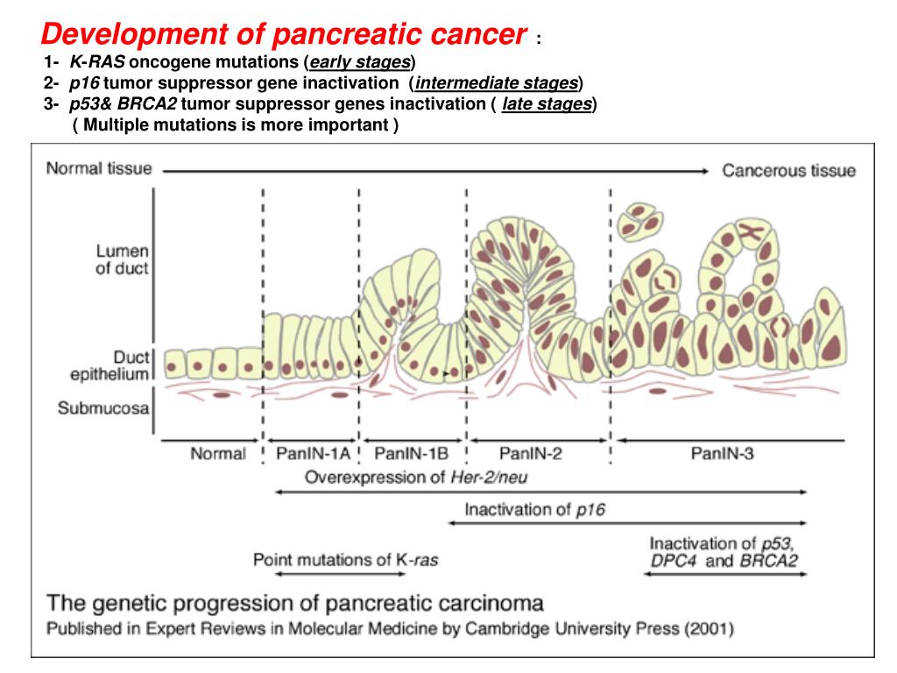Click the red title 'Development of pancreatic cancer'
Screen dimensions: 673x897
[x=285, y=34]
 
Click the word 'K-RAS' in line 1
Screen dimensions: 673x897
[x=97, y=63]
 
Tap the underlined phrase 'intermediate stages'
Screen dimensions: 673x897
[x=497, y=84]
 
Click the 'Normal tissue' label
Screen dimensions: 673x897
[x=99, y=168]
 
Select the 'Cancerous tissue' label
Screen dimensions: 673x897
[x=788, y=170]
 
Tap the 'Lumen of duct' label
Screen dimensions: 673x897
[x=122, y=259]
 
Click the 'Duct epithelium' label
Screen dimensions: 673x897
[x=111, y=366]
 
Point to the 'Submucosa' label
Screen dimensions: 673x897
[x=103, y=408]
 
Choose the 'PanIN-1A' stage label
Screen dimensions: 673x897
[x=313, y=453]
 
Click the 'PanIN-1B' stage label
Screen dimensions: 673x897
[x=412, y=453]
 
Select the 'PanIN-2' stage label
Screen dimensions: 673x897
[x=530, y=453]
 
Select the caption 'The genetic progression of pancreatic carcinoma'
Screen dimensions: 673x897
[x=294, y=603]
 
